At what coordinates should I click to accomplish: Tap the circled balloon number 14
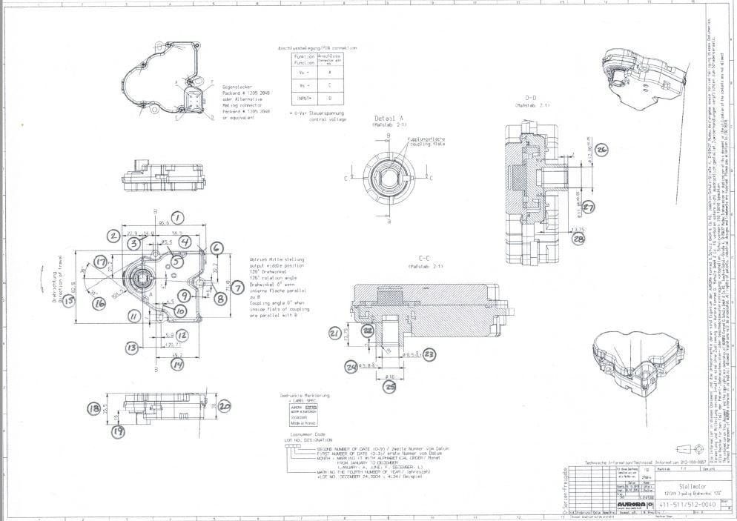coord(177,364)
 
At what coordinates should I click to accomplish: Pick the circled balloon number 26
coord(602,150)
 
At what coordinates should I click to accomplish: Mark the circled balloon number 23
coord(429,354)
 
